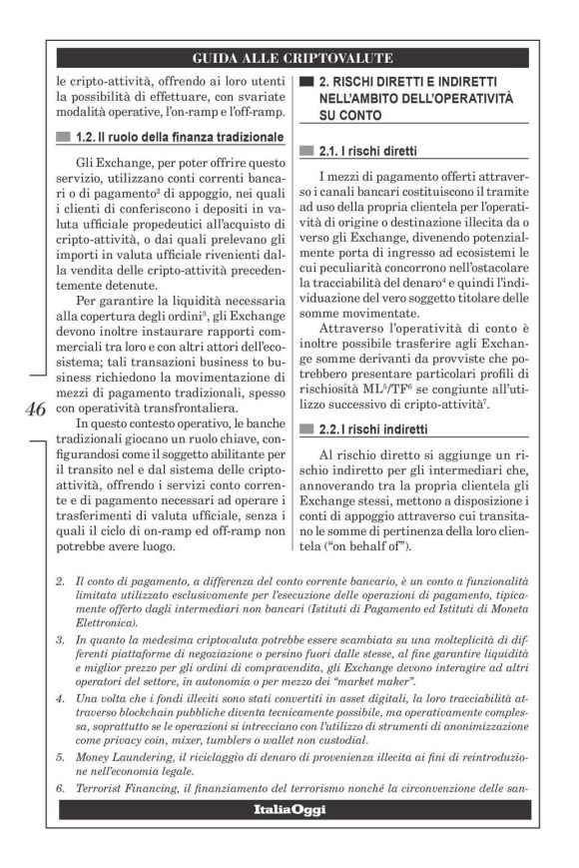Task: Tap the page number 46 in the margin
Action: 33,410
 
